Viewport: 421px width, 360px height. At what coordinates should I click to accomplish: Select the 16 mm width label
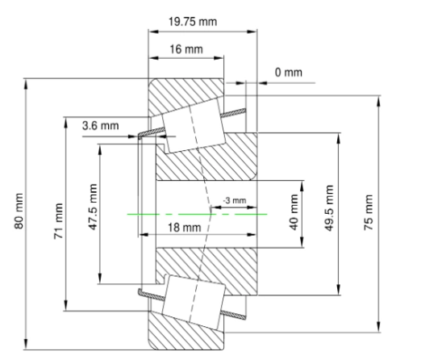(184, 49)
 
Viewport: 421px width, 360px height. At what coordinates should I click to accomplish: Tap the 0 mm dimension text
(288, 73)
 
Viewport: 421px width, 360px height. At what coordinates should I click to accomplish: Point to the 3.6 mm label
(100, 126)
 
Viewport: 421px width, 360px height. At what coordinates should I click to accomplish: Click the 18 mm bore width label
(179, 228)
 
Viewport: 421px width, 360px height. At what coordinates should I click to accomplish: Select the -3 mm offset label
(233, 199)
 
